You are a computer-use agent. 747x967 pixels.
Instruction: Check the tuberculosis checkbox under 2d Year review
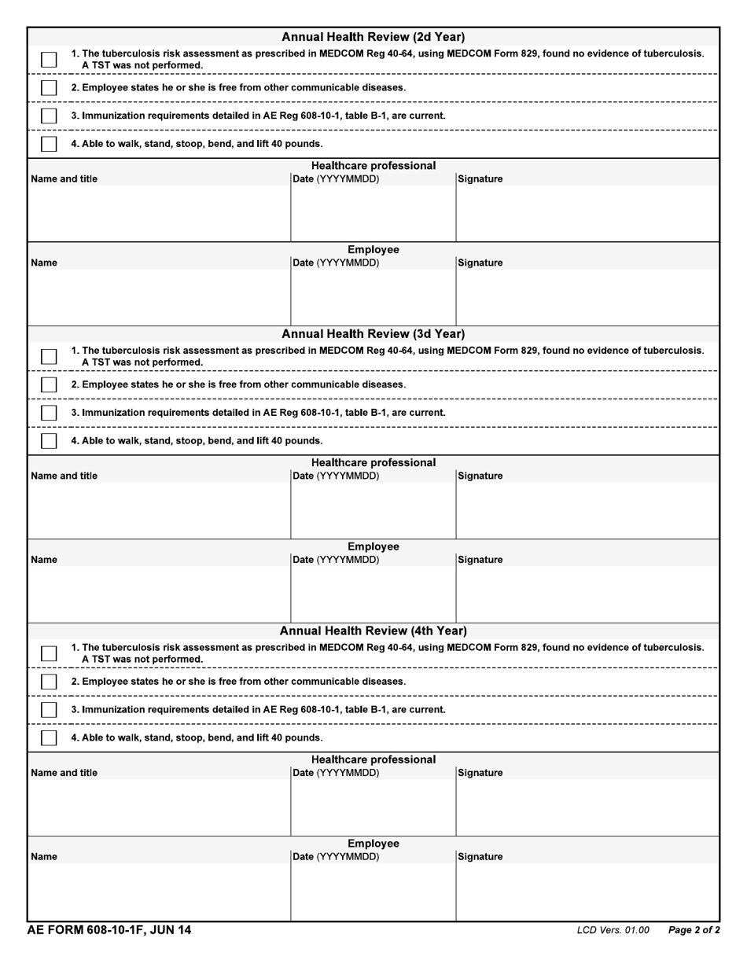pyautogui.click(x=49, y=60)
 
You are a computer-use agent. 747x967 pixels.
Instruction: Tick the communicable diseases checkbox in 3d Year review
pyautogui.click(x=49, y=384)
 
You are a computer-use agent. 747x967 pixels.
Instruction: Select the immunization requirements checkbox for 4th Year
pyautogui.click(x=49, y=709)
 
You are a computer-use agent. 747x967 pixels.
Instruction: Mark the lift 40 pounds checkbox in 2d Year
pyautogui.click(x=49, y=144)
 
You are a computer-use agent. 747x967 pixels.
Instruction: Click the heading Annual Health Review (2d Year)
pyautogui.click(x=373, y=37)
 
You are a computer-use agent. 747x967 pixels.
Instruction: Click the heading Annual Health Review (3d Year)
pyautogui.click(x=373, y=334)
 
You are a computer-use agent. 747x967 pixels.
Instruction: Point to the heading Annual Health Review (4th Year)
pyautogui.click(x=373, y=631)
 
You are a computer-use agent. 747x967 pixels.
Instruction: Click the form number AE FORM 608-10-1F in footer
pyautogui.click(x=109, y=930)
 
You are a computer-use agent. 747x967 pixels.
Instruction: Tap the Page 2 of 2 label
pyautogui.click(x=694, y=931)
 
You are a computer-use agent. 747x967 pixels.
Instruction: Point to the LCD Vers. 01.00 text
pyautogui.click(x=613, y=931)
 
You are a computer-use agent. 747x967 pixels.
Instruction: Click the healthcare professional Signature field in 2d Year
pyautogui.click(x=587, y=213)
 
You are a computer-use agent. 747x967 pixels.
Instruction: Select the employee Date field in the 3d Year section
pyautogui.click(x=373, y=594)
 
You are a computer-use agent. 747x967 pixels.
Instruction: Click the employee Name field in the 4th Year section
pyautogui.click(x=159, y=892)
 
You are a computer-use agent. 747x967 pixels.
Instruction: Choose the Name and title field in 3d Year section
pyautogui.click(x=159, y=510)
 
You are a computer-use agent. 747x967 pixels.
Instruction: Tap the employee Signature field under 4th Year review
pyautogui.click(x=587, y=892)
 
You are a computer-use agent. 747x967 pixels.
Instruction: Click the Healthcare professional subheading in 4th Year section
pyautogui.click(x=373, y=759)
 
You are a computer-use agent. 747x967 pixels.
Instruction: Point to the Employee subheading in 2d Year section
pyautogui.click(x=373, y=250)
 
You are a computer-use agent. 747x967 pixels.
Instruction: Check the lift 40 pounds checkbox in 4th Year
pyautogui.click(x=49, y=737)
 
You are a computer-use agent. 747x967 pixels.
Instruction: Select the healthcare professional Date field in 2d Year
pyautogui.click(x=373, y=213)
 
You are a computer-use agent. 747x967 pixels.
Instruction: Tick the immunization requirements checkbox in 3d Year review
pyautogui.click(x=49, y=413)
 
